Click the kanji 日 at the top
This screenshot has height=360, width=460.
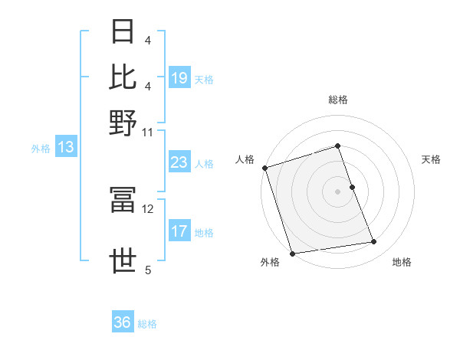(123, 33)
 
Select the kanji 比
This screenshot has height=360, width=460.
(123, 77)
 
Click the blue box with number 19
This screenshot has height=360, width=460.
(179, 78)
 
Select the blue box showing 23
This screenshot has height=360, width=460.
(179, 163)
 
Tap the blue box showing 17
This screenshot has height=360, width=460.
(179, 231)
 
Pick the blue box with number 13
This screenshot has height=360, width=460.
(65, 148)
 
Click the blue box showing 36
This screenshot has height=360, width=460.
(123, 322)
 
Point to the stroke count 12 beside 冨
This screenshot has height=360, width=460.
(148, 208)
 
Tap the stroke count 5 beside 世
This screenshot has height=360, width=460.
(148, 270)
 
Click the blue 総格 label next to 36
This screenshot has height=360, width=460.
(147, 324)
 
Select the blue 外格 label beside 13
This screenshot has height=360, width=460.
(41, 149)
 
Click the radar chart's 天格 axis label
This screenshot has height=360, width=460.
(431, 159)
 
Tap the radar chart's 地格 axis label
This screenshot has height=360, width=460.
(402, 262)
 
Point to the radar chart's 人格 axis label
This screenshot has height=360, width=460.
(245, 159)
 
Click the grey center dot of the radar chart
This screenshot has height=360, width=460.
(337, 191)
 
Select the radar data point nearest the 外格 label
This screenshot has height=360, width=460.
(293, 253)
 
